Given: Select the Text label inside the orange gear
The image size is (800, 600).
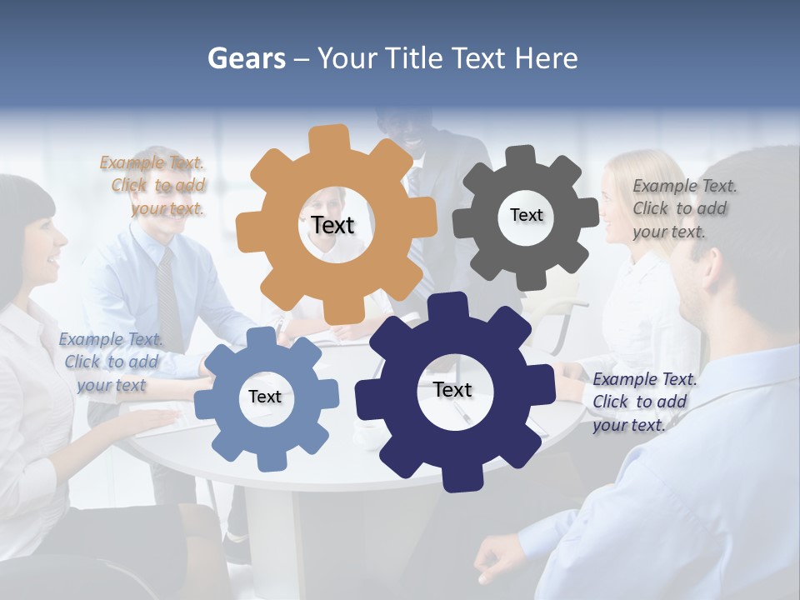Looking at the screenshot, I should click(x=332, y=225).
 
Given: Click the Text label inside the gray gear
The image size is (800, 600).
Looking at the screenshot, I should click(x=526, y=215).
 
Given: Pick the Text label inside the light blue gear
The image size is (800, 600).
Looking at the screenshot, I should click(x=265, y=397).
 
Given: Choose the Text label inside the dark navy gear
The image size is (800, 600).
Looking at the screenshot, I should click(x=452, y=389).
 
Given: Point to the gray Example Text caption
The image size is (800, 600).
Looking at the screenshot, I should click(x=684, y=208).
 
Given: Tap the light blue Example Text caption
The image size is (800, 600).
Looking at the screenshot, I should click(x=111, y=362).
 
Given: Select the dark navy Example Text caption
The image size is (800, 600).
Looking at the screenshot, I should click(x=644, y=402).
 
